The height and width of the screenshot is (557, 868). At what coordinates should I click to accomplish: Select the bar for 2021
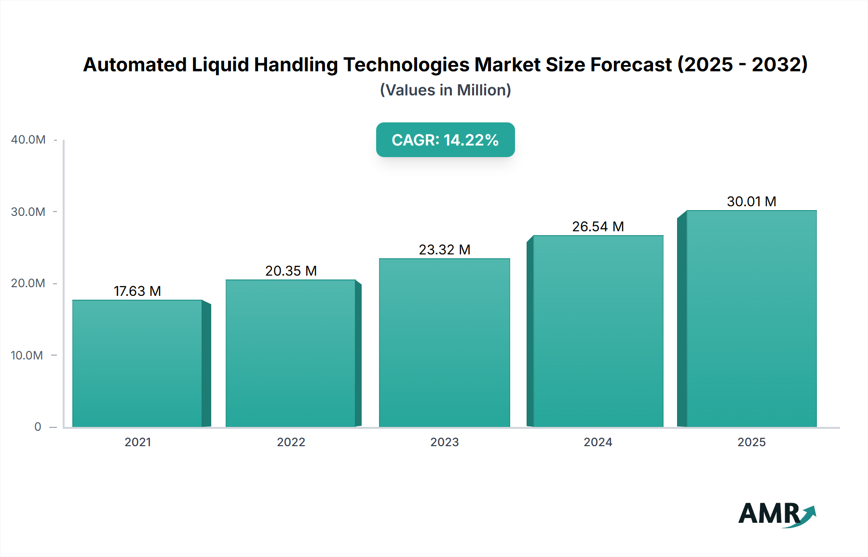click(x=137, y=364)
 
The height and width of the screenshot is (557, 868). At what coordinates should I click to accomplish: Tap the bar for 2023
click(x=444, y=343)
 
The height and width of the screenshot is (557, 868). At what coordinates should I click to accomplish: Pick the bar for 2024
click(x=598, y=332)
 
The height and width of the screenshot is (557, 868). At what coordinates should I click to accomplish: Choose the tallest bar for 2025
click(x=751, y=318)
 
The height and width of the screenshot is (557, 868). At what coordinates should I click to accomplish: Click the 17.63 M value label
click(x=137, y=291)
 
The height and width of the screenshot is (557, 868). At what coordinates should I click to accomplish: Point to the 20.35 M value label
click(x=291, y=271)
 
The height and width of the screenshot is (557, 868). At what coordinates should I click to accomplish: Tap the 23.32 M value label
click(x=444, y=250)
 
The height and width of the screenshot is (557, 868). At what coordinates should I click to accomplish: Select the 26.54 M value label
click(x=598, y=226)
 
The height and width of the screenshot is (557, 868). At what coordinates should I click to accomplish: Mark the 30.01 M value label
click(x=751, y=201)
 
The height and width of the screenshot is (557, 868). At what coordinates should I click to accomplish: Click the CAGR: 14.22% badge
click(x=445, y=140)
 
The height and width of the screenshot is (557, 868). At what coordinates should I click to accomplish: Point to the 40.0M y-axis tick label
click(x=28, y=140)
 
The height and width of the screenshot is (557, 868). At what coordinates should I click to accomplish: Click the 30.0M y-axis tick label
click(x=28, y=212)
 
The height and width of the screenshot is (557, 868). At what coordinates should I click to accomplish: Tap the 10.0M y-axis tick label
click(x=27, y=356)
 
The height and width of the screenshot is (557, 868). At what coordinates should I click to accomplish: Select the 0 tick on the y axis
click(x=38, y=427)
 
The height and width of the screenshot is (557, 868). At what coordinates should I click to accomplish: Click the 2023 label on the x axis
click(x=444, y=442)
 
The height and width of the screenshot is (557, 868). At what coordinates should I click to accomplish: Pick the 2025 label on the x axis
click(x=751, y=442)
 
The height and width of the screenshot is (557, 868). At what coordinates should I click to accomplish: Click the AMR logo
click(x=776, y=514)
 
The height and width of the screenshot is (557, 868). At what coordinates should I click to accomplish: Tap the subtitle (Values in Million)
click(x=445, y=90)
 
